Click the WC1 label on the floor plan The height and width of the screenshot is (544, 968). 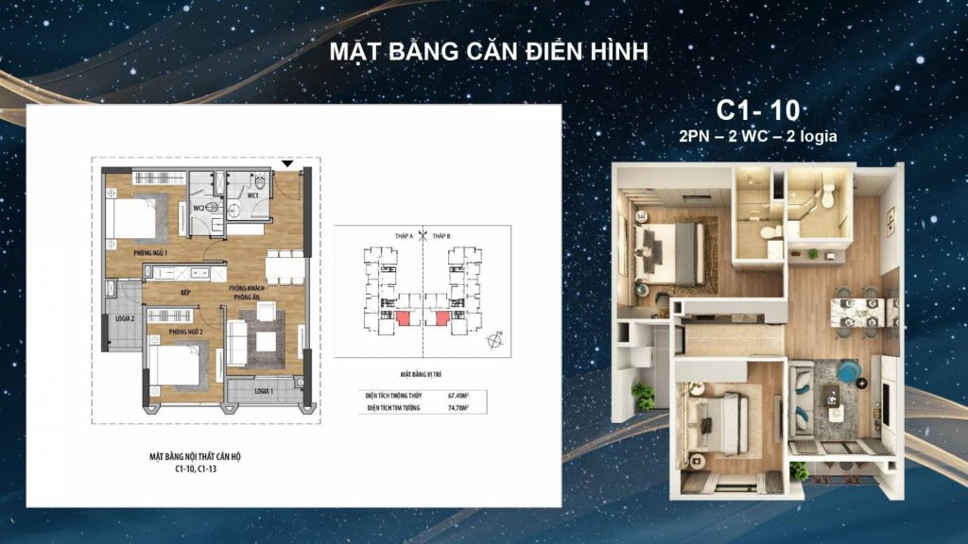253,195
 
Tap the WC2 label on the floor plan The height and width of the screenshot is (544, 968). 199,208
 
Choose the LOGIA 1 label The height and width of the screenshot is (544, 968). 264,390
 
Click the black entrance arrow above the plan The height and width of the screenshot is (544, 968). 300,166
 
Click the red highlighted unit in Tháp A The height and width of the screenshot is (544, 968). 404,319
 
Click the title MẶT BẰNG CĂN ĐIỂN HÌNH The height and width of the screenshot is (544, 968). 489,52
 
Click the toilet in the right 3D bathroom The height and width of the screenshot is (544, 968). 828,195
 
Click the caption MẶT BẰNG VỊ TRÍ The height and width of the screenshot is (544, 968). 422,374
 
